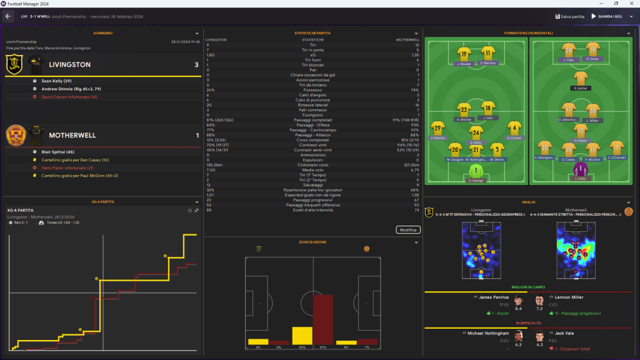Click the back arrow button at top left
(9, 16)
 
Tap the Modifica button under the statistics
(407, 230)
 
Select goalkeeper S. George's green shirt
(477, 171)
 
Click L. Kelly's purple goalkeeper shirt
(581, 170)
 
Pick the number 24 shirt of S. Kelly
(476, 132)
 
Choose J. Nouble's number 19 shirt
(463, 54)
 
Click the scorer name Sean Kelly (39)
(57, 81)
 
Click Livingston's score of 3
(196, 64)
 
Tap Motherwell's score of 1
(196, 135)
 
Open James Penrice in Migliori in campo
(492, 297)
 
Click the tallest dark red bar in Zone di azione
(323, 319)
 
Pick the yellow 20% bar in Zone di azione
(302, 336)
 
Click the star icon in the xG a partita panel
(190, 211)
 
